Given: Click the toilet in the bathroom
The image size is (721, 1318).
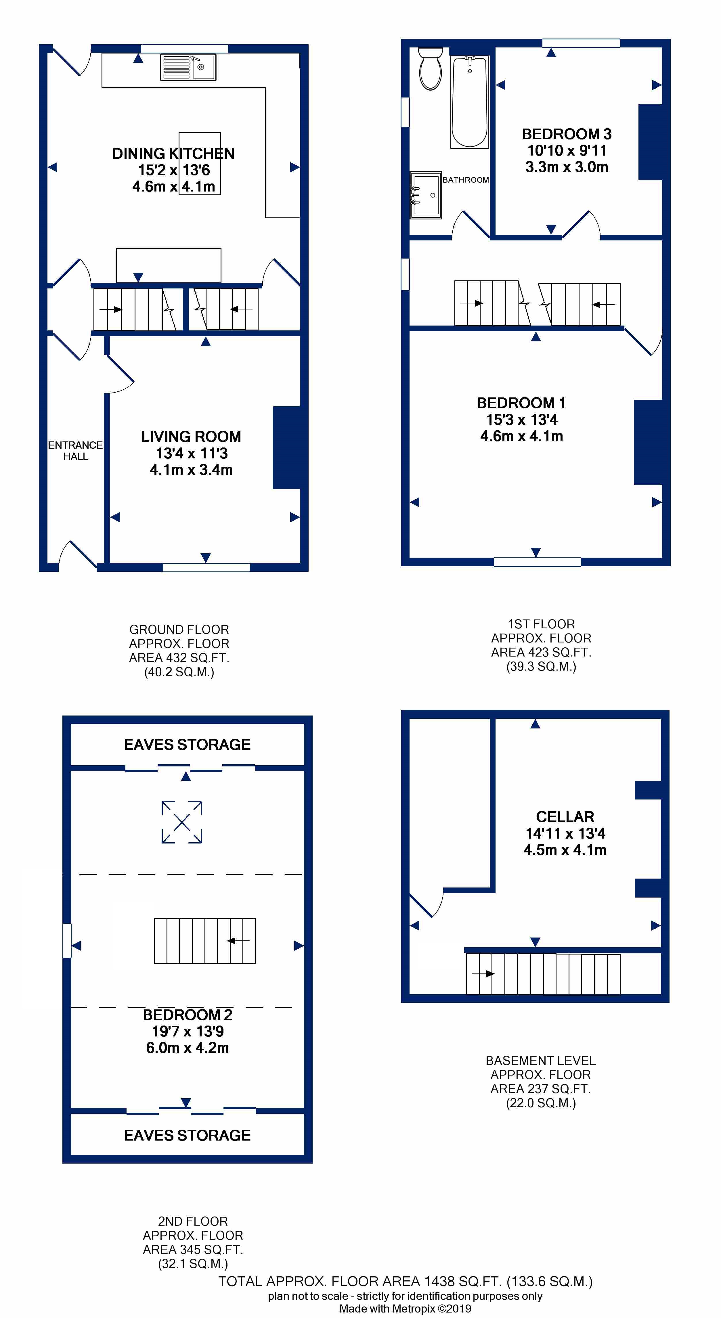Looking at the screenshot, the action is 430,68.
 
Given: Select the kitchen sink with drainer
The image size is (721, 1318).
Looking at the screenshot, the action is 188,67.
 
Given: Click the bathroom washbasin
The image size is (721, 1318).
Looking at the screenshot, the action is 426,195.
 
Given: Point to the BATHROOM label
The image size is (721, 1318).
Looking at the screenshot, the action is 466,180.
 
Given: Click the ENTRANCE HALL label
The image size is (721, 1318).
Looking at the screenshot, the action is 75,451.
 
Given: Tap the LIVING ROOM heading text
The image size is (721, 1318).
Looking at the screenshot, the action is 191,437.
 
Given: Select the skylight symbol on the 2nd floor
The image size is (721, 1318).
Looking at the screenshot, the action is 182,822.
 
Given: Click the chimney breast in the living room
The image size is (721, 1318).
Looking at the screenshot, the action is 286,448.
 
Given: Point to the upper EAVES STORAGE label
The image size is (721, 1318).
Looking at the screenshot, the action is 187,745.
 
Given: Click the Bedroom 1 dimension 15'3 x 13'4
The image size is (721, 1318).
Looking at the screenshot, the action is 522,420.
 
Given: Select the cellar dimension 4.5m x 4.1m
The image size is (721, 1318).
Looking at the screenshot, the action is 565,850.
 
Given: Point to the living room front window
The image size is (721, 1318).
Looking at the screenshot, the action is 206,567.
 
